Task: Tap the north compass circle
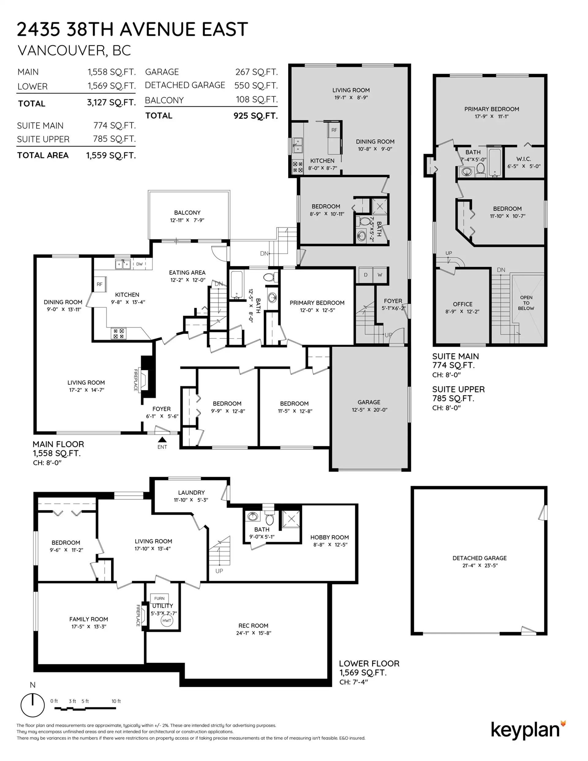(x=33, y=705)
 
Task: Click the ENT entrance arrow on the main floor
(x=162, y=440)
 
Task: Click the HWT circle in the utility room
(x=167, y=620)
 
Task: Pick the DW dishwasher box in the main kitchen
(x=139, y=264)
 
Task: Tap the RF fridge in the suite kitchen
(x=334, y=130)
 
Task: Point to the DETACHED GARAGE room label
(x=480, y=558)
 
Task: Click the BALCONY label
(x=187, y=213)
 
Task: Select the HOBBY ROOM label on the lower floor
(x=330, y=537)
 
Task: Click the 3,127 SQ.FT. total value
(x=111, y=103)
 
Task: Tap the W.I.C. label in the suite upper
(x=523, y=159)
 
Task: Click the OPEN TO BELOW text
(x=526, y=303)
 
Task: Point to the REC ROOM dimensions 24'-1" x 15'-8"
(x=253, y=633)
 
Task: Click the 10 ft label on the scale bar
(x=116, y=701)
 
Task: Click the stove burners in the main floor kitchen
(x=119, y=333)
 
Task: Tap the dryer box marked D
(x=366, y=275)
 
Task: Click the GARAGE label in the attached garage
(x=369, y=402)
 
